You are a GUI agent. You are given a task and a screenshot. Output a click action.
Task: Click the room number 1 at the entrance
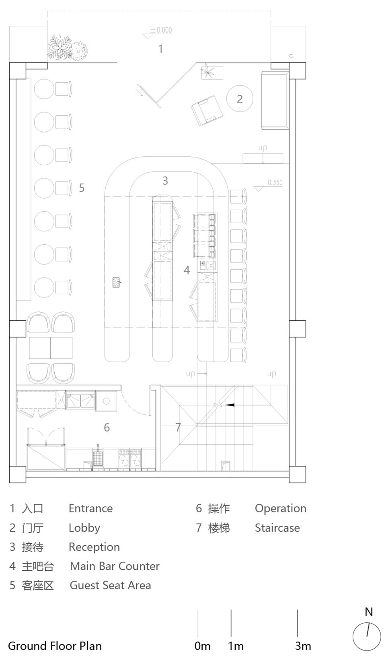[160, 49]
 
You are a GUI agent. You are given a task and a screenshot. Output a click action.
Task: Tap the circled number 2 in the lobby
[240, 99]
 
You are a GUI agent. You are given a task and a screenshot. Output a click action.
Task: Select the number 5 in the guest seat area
[82, 188]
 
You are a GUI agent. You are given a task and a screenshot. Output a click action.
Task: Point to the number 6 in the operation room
[107, 427]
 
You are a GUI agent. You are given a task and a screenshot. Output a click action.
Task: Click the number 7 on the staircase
[178, 427]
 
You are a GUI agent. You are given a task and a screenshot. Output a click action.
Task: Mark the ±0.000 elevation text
[161, 30]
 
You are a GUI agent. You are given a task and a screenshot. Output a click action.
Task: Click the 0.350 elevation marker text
[275, 182]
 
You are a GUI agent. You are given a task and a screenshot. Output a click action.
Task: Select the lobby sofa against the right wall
[275, 100]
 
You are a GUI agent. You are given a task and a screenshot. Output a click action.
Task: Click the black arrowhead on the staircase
[230, 405]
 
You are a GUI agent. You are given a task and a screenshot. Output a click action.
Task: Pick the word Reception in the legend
[94, 547]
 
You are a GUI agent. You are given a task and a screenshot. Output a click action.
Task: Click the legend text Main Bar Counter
[115, 566]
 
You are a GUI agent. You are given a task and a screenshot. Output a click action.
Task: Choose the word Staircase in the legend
[277, 528]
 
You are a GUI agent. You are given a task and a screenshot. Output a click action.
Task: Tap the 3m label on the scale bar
[303, 646]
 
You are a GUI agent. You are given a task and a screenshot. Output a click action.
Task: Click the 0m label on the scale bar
[202, 646]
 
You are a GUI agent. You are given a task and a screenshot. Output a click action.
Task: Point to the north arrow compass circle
[367, 637]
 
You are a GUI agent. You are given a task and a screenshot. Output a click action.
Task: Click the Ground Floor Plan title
[55, 646]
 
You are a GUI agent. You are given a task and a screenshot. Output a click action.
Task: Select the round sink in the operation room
[107, 401]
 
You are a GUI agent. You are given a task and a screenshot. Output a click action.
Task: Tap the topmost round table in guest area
[44, 89]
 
